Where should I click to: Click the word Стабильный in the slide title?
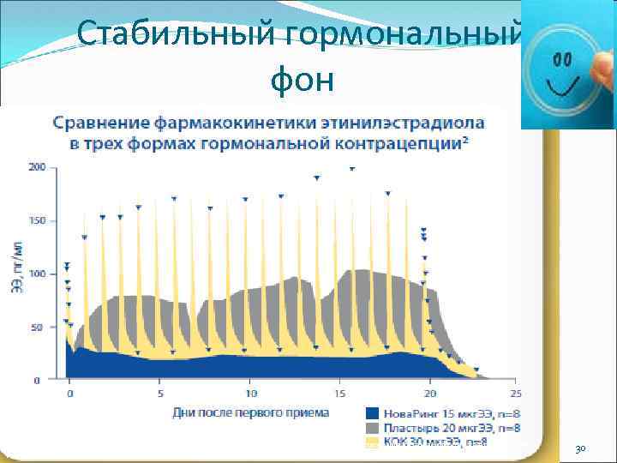point(171,35)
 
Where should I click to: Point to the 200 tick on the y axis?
point(36,167)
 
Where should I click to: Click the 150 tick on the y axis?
point(36,220)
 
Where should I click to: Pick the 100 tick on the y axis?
point(36,274)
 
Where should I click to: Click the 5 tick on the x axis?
point(160,394)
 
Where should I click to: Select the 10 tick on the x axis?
point(250,394)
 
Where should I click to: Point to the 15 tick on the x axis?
point(340,394)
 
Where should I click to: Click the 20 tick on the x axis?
point(430,394)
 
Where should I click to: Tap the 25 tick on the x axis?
point(516,394)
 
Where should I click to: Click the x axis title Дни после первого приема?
point(250,412)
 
